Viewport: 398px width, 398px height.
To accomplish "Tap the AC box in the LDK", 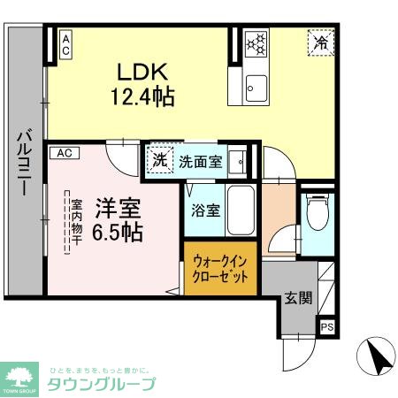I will pos(65,43).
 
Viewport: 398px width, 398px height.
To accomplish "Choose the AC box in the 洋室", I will pos(65,153).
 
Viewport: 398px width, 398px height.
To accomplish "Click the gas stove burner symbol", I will pos(255,43).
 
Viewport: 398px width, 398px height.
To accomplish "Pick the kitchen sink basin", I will pos(256,87).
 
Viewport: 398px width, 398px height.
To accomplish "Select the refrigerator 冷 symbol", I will pos(321,42).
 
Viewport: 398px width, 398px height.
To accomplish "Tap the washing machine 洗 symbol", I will pos(159,161).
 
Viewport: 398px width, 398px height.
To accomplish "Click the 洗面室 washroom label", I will pos(200,162).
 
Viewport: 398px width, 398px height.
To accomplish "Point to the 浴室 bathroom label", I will pos(206,210).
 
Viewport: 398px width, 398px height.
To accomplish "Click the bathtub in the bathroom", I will pos(241,210).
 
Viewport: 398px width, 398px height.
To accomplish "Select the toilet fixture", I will pos(316,210).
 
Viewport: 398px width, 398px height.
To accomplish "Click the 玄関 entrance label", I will pos(299,298).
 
